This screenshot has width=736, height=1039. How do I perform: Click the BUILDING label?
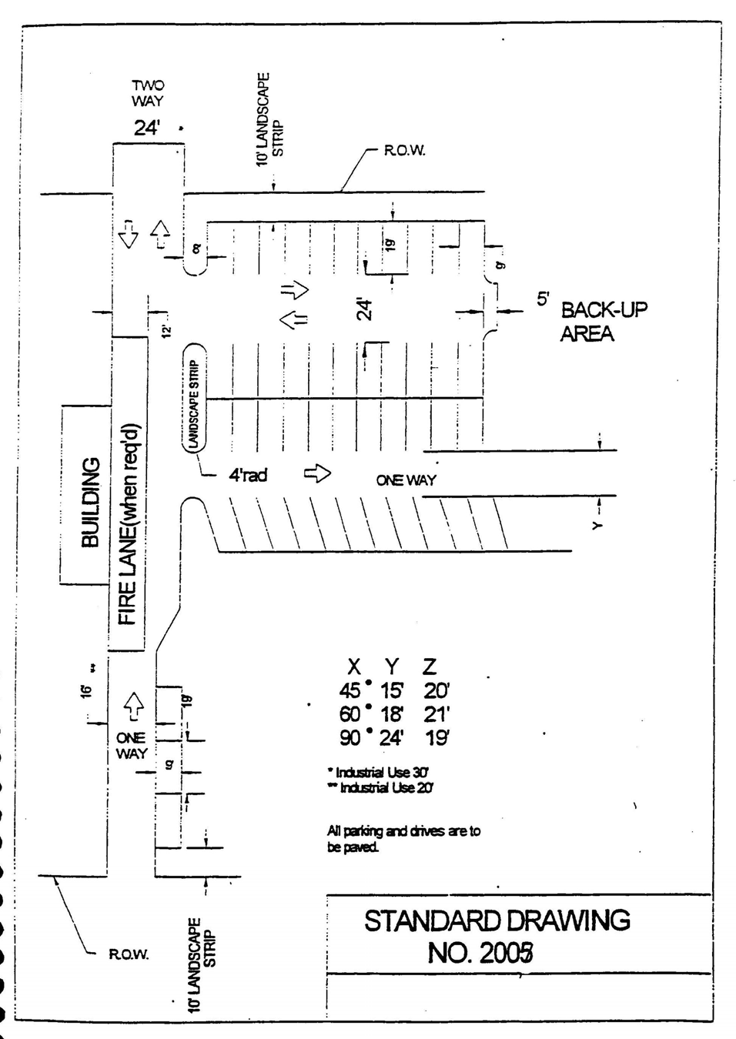90,502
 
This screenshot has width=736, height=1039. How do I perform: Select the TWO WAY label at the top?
147,93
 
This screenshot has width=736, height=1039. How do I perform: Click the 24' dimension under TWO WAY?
146,128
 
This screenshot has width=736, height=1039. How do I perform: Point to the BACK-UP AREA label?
603,322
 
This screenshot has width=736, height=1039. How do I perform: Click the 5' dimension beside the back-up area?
544,299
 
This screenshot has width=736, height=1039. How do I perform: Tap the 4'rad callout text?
247,475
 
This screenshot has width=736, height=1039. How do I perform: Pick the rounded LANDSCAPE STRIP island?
195,396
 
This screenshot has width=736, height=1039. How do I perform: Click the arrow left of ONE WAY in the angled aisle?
316,473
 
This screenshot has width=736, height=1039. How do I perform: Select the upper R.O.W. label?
404,150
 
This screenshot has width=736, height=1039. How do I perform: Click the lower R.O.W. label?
129,954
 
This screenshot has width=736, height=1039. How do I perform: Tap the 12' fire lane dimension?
166,331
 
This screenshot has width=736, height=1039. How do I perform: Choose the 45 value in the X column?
350,690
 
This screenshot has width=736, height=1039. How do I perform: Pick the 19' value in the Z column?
437,737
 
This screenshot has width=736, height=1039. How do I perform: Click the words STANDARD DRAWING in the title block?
497,920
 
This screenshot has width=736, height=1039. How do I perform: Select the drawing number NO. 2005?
480,953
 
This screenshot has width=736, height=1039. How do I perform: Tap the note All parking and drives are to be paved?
403,838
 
